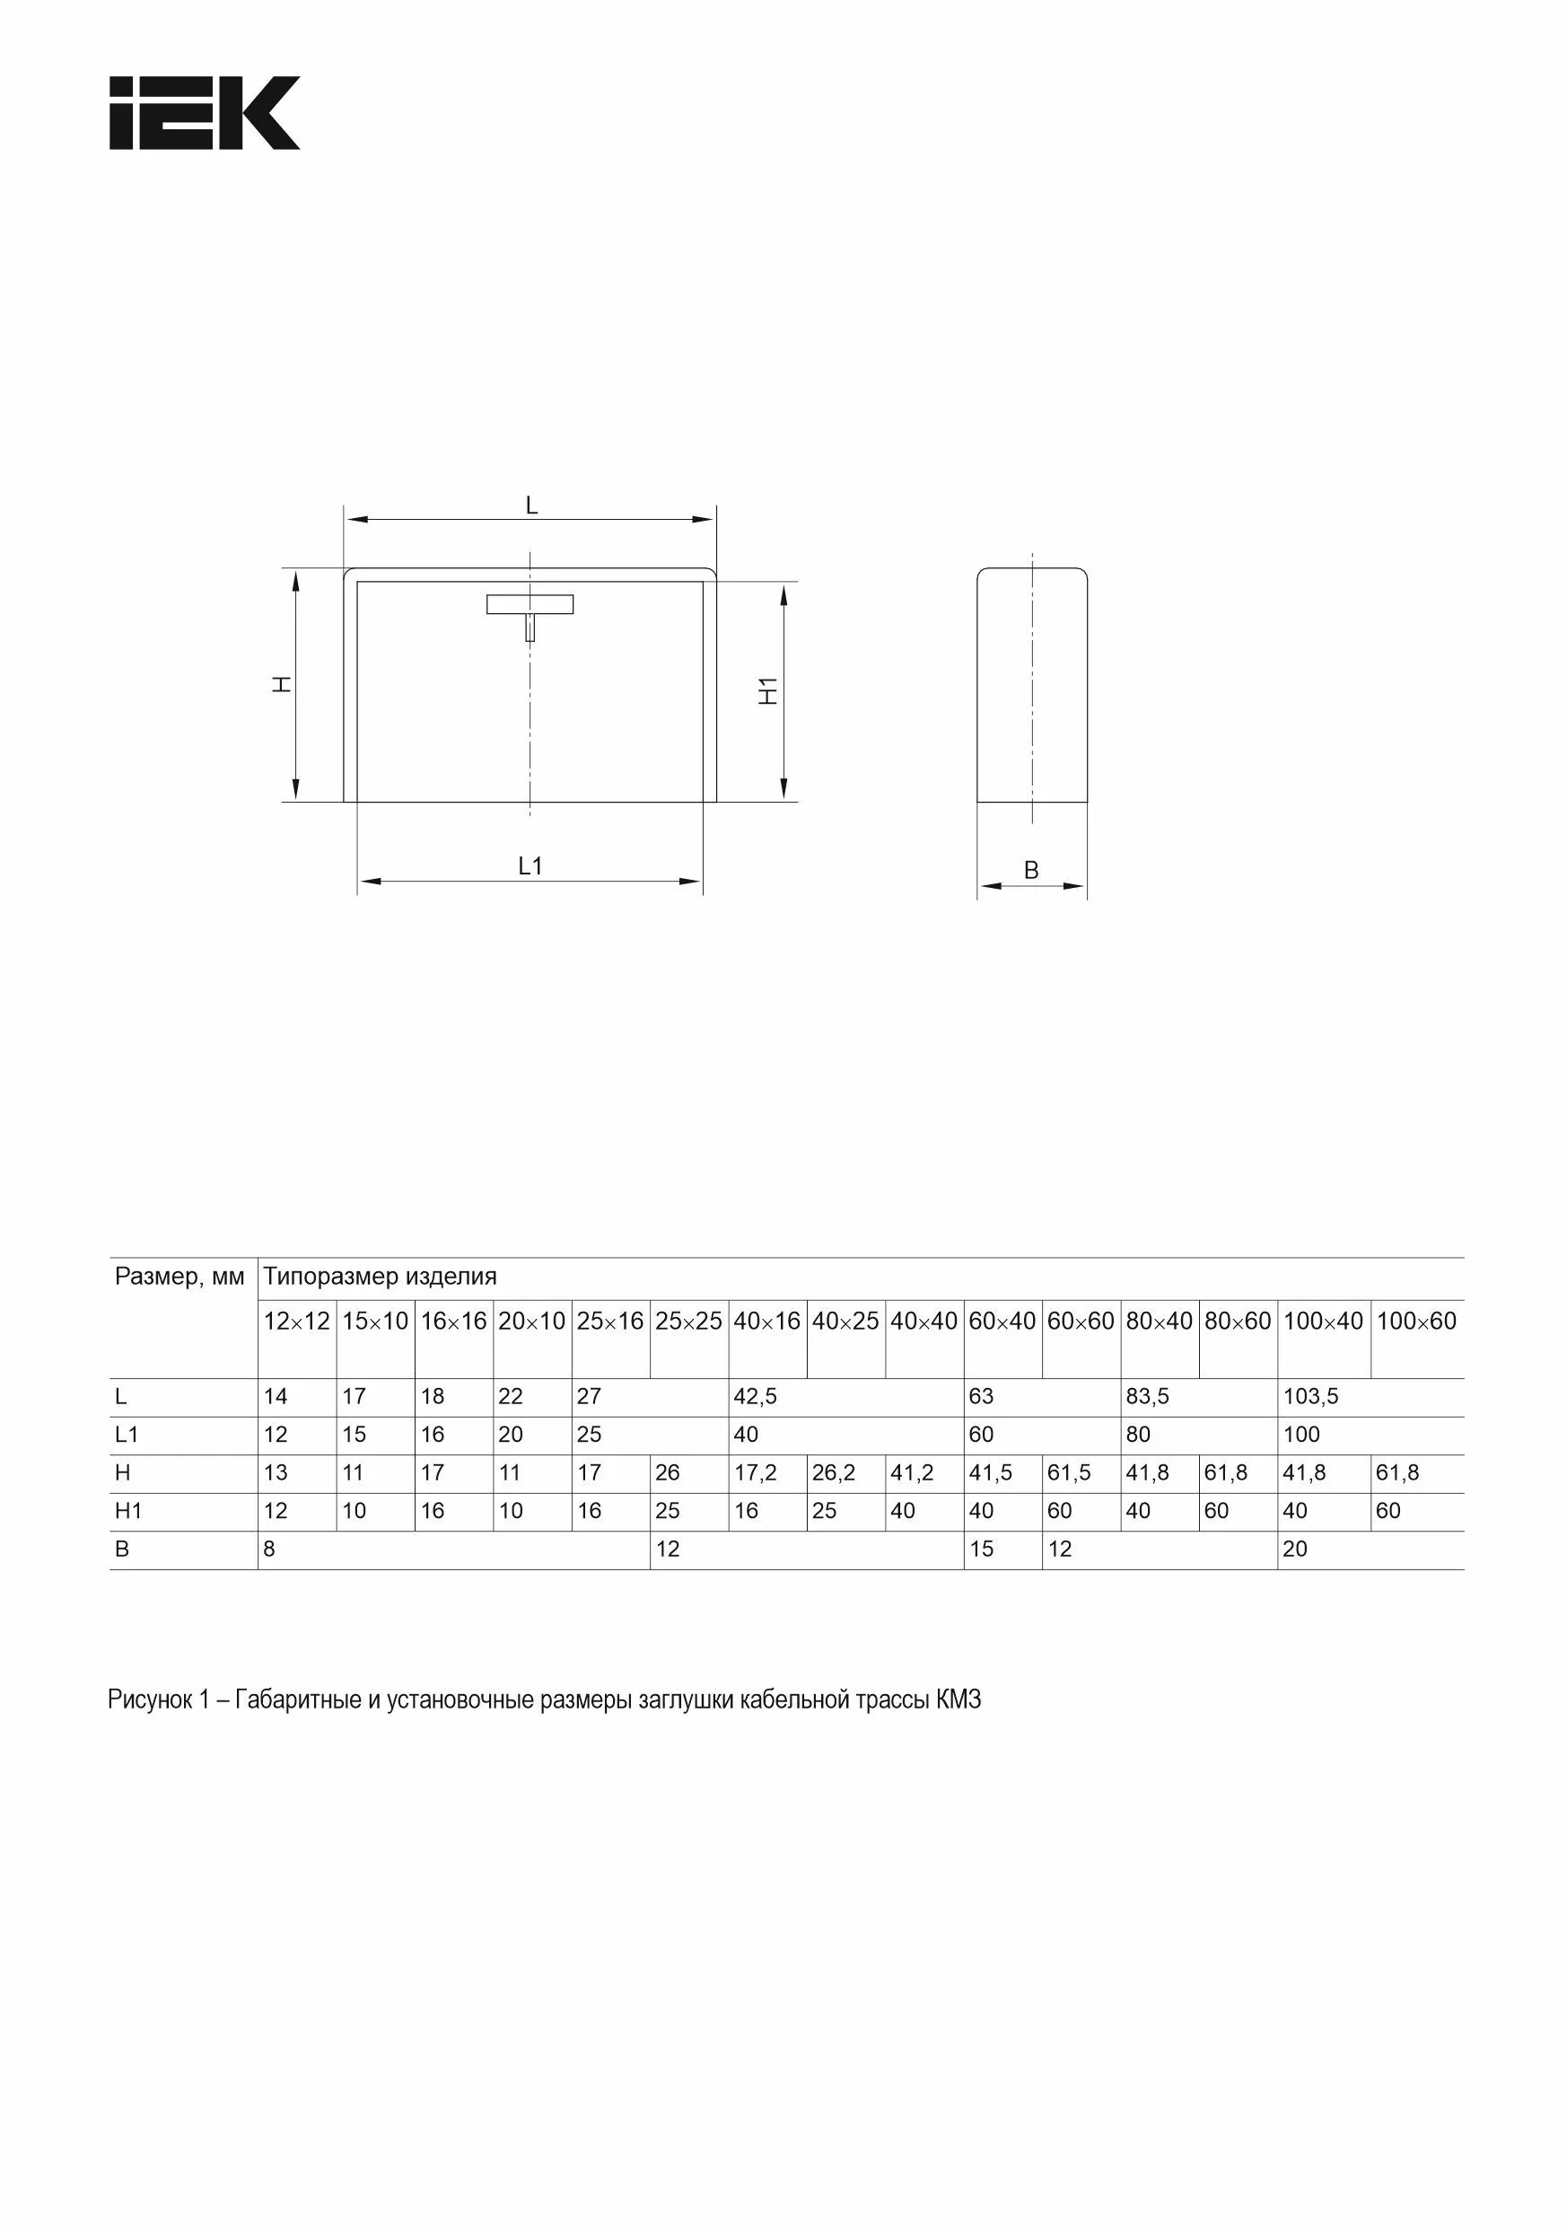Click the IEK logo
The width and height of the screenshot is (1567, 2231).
(204, 113)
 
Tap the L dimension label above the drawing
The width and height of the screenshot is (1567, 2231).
(531, 505)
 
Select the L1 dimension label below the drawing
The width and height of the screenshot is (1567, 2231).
(530, 865)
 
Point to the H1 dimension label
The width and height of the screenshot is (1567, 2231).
(768, 691)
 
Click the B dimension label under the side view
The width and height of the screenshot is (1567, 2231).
(1032, 871)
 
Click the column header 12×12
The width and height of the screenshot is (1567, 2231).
(296, 1321)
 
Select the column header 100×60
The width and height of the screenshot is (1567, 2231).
(1416, 1321)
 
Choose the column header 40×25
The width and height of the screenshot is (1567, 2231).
(845, 1321)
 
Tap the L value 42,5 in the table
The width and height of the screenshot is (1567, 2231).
(755, 1396)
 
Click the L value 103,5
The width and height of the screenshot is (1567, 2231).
(1310, 1396)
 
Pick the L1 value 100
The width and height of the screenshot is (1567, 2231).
(1301, 1435)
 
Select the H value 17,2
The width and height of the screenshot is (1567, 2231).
(755, 1473)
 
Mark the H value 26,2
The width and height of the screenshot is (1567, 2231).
(834, 1473)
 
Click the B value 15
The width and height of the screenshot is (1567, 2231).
(981, 1549)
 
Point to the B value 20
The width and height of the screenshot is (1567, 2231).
(1295, 1549)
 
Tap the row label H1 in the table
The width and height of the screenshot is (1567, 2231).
(128, 1511)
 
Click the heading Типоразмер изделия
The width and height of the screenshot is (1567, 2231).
(380, 1276)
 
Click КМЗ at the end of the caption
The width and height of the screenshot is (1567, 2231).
(959, 1700)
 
